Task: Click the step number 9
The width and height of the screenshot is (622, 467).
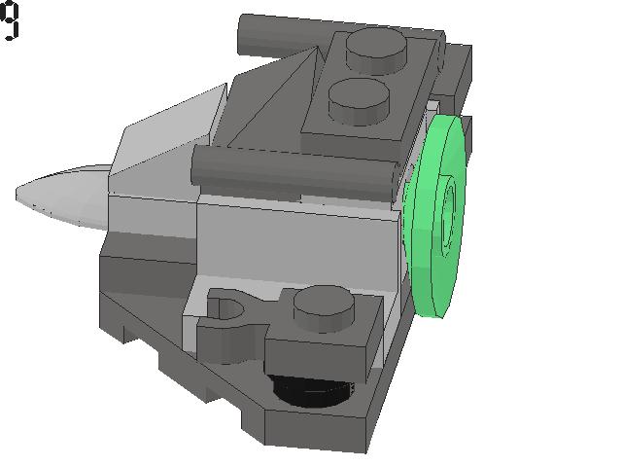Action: (x=10, y=20)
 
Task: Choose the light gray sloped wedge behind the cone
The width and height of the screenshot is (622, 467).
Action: (x=165, y=136)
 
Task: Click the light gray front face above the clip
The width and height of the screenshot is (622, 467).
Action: (x=292, y=243)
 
